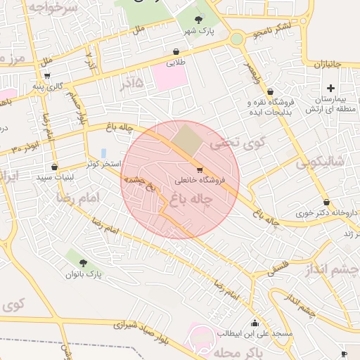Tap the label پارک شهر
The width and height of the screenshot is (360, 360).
click(x=198, y=32)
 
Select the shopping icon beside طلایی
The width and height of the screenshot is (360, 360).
click(x=176, y=51)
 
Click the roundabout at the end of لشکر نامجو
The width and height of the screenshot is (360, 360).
click(x=237, y=39)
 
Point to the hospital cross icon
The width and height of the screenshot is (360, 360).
click(x=331, y=87)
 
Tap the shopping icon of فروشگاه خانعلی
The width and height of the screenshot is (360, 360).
click(x=200, y=169)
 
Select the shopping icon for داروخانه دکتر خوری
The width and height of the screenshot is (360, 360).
click(x=327, y=202)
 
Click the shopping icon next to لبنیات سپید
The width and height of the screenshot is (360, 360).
click(x=54, y=167)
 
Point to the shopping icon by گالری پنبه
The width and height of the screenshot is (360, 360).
click(x=46, y=75)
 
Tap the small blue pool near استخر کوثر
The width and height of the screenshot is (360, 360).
click(x=104, y=153)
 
